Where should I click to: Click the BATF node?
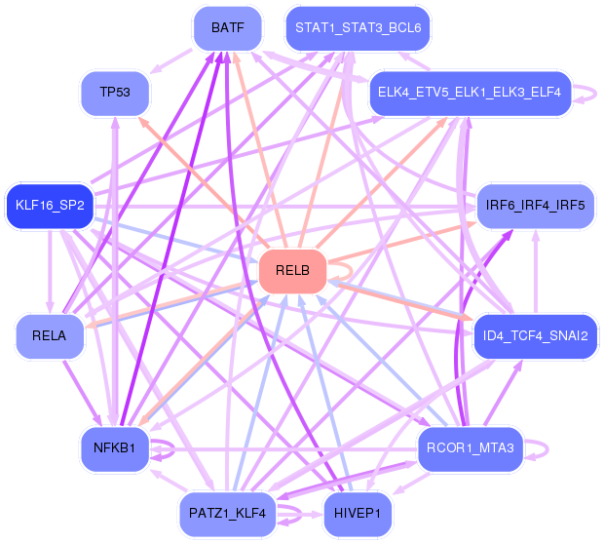click(x=227, y=28)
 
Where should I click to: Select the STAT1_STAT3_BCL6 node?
click(x=358, y=28)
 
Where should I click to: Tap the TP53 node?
click(x=114, y=93)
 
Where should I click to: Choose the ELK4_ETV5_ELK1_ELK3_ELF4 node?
click(x=468, y=93)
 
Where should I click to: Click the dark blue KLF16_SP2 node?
click(x=50, y=206)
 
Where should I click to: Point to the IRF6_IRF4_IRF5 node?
click(x=535, y=206)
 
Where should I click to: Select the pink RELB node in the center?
click(x=292, y=271)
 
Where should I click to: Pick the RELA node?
click(x=49, y=336)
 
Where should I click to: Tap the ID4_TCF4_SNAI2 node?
click(x=535, y=336)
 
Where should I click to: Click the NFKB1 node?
click(x=114, y=448)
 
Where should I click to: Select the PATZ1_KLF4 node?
click(x=227, y=513)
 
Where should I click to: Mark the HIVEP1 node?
click(x=357, y=513)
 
